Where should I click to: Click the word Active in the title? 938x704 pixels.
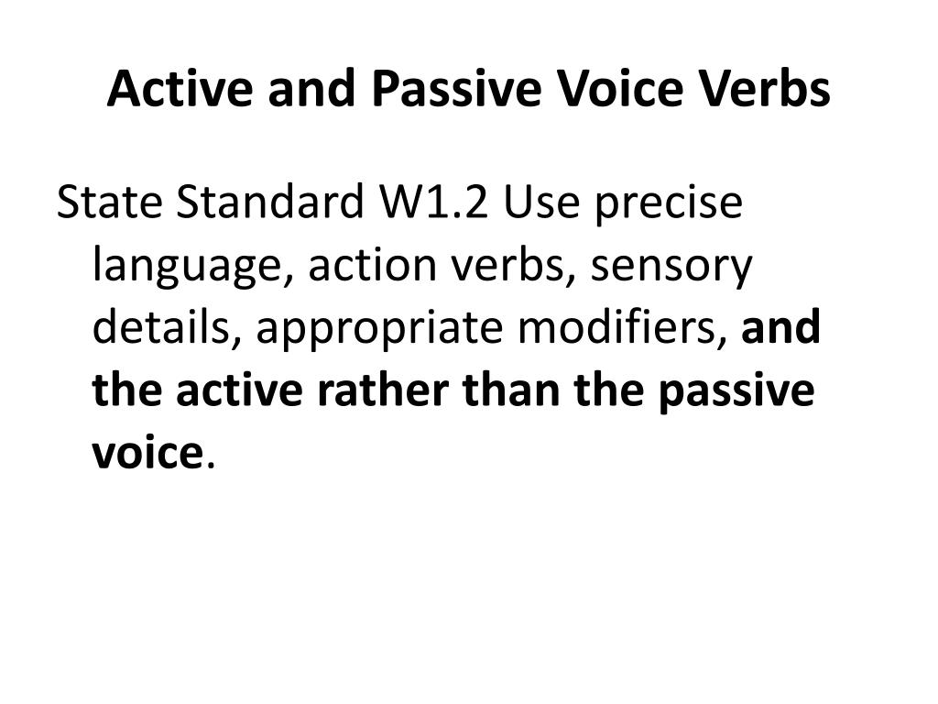tap(180, 88)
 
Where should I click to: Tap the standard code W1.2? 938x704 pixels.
tap(433, 202)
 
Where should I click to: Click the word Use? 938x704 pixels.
tap(541, 202)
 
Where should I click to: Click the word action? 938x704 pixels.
tap(372, 265)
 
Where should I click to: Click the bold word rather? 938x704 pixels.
tap(382, 390)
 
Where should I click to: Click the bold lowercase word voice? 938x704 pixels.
tap(147, 452)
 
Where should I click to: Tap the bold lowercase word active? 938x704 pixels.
tap(239, 390)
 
